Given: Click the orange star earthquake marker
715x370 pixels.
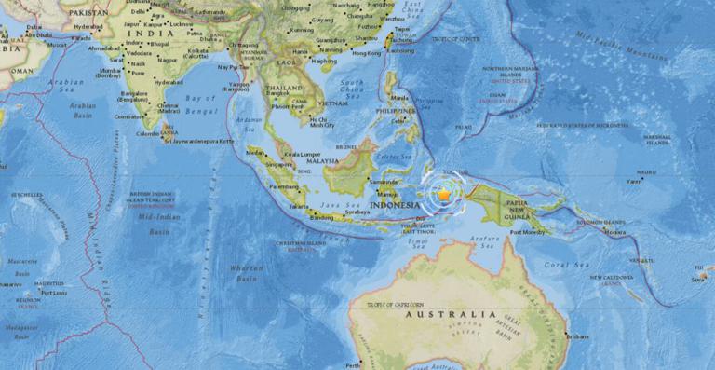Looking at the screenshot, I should point(444,194).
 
